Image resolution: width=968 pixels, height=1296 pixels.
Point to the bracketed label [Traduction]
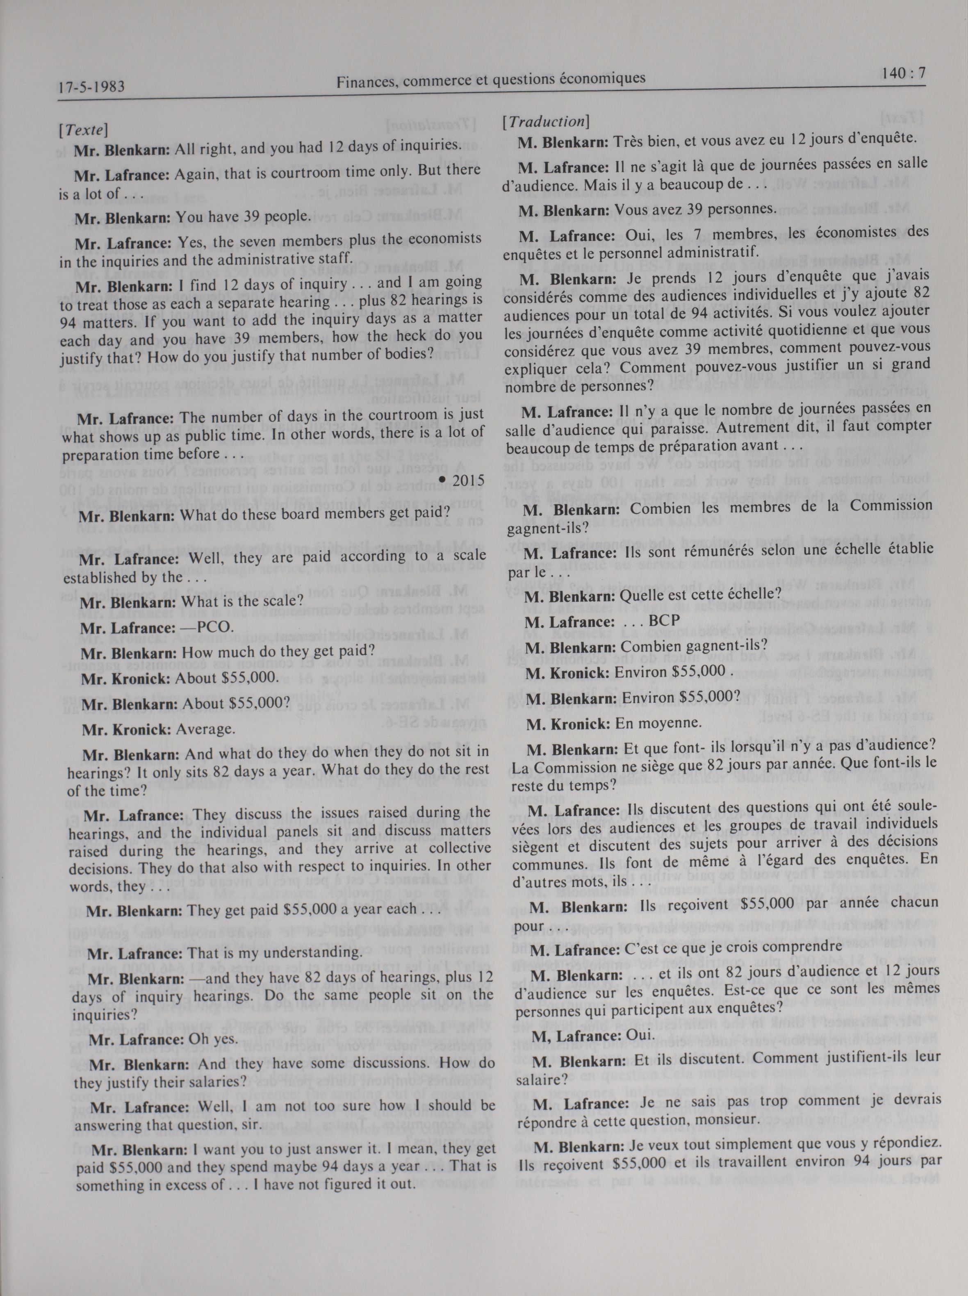point(545,122)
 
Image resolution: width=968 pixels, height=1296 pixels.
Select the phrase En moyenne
point(658,723)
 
